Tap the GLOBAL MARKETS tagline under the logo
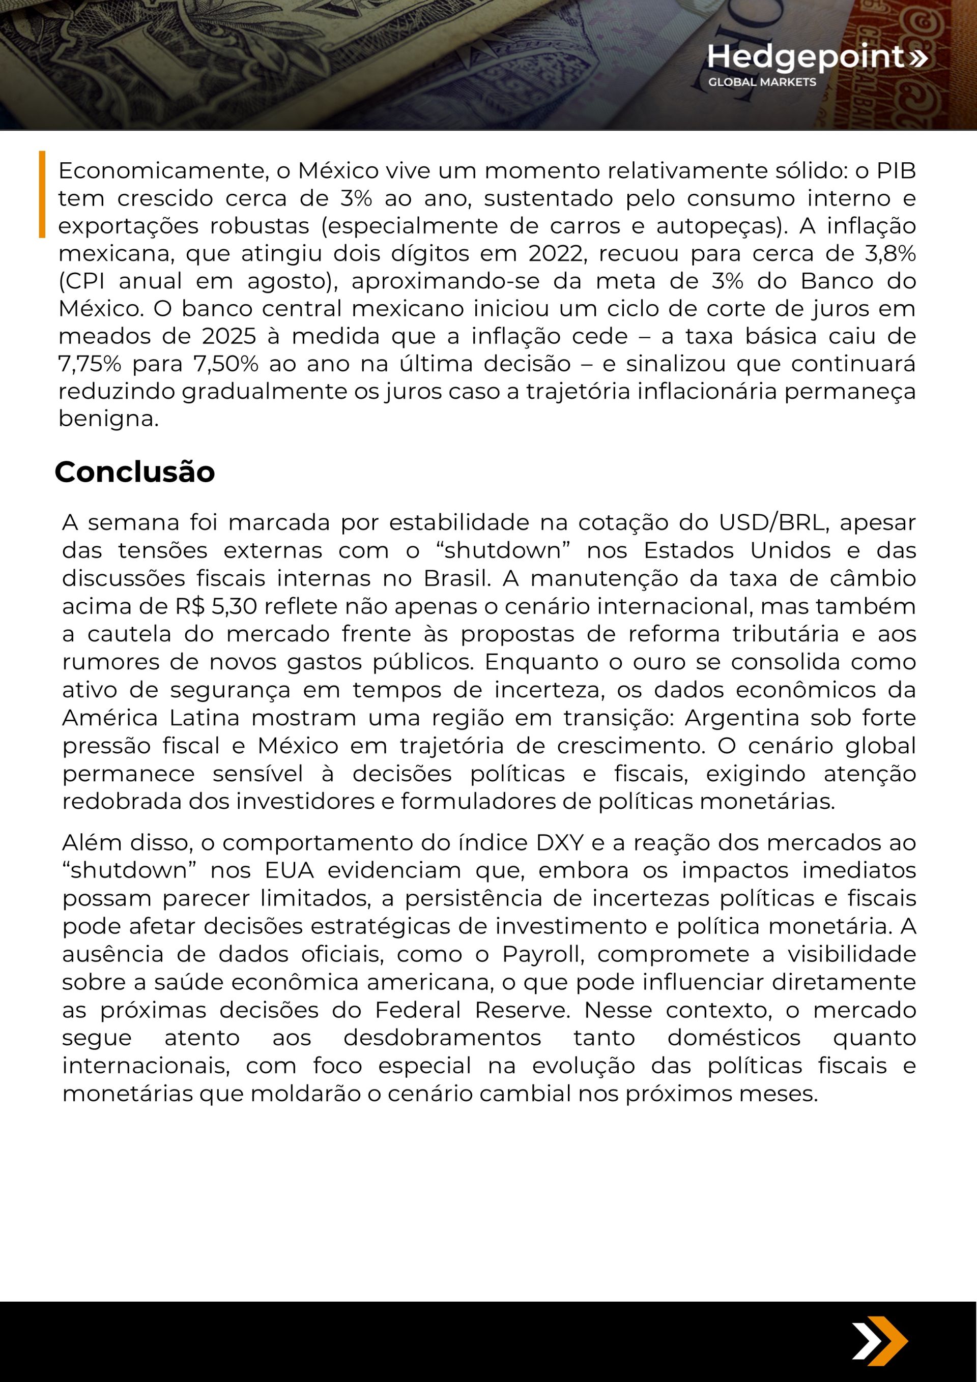pos(762,82)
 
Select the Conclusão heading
pos(134,472)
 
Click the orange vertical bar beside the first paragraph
pos(42,194)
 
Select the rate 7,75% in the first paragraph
pos(90,364)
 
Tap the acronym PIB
pos(896,170)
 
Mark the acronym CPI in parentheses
pos(82,281)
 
